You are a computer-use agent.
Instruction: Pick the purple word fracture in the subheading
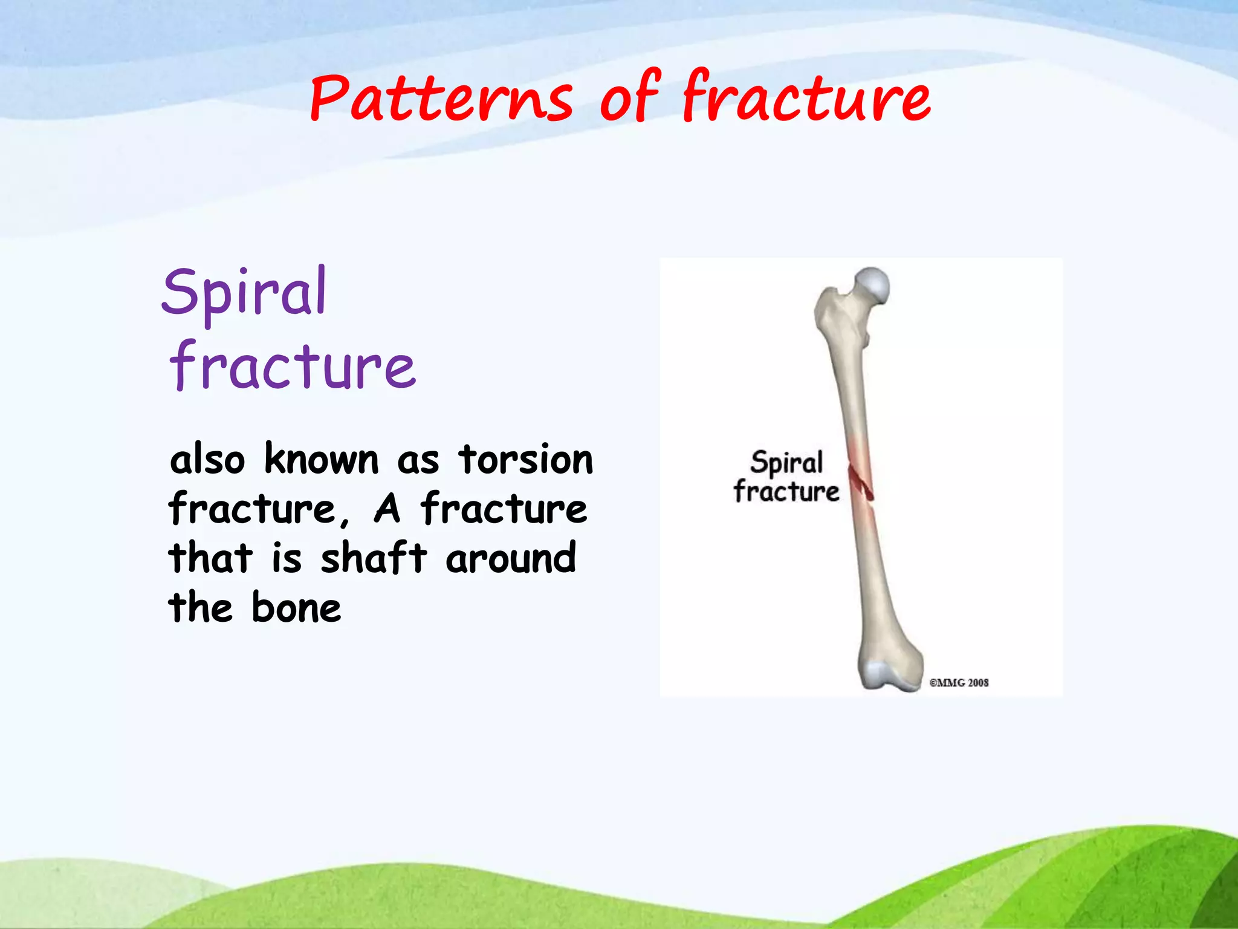pos(293,366)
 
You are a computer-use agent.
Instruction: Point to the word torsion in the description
pos(525,460)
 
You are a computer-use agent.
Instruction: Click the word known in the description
pos(322,460)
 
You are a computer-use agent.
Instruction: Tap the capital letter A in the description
pos(387,509)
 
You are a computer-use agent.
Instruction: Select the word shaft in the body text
pos(374,558)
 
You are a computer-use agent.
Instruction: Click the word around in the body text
pos(511,558)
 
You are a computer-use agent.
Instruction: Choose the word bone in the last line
pos(296,608)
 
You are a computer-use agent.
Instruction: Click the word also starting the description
pos(207,460)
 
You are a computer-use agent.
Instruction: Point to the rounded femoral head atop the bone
pos(873,285)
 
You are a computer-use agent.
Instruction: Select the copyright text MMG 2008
pos(959,683)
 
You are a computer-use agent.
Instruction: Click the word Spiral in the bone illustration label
pos(786,463)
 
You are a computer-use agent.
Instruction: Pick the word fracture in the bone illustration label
pos(786,491)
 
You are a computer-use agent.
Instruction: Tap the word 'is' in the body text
pos(286,558)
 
